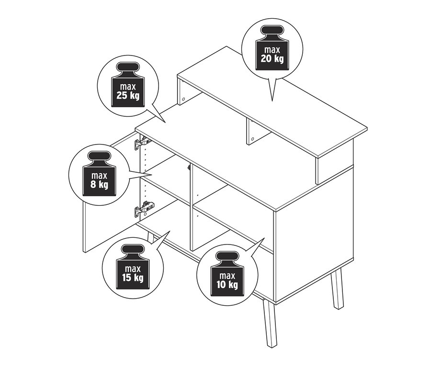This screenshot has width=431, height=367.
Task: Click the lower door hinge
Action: click(144, 209)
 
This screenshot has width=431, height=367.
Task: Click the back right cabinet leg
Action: click(337, 289)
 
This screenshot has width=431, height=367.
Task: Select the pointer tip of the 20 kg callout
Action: click(272, 101)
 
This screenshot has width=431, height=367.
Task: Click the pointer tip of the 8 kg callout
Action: click(152, 174)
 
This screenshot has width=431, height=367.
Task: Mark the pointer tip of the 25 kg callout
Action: click(165, 122)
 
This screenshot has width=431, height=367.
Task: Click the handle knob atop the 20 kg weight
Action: click(272, 31)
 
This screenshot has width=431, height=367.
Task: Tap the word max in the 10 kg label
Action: click(227, 276)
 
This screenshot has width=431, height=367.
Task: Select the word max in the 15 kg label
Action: click(133, 268)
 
